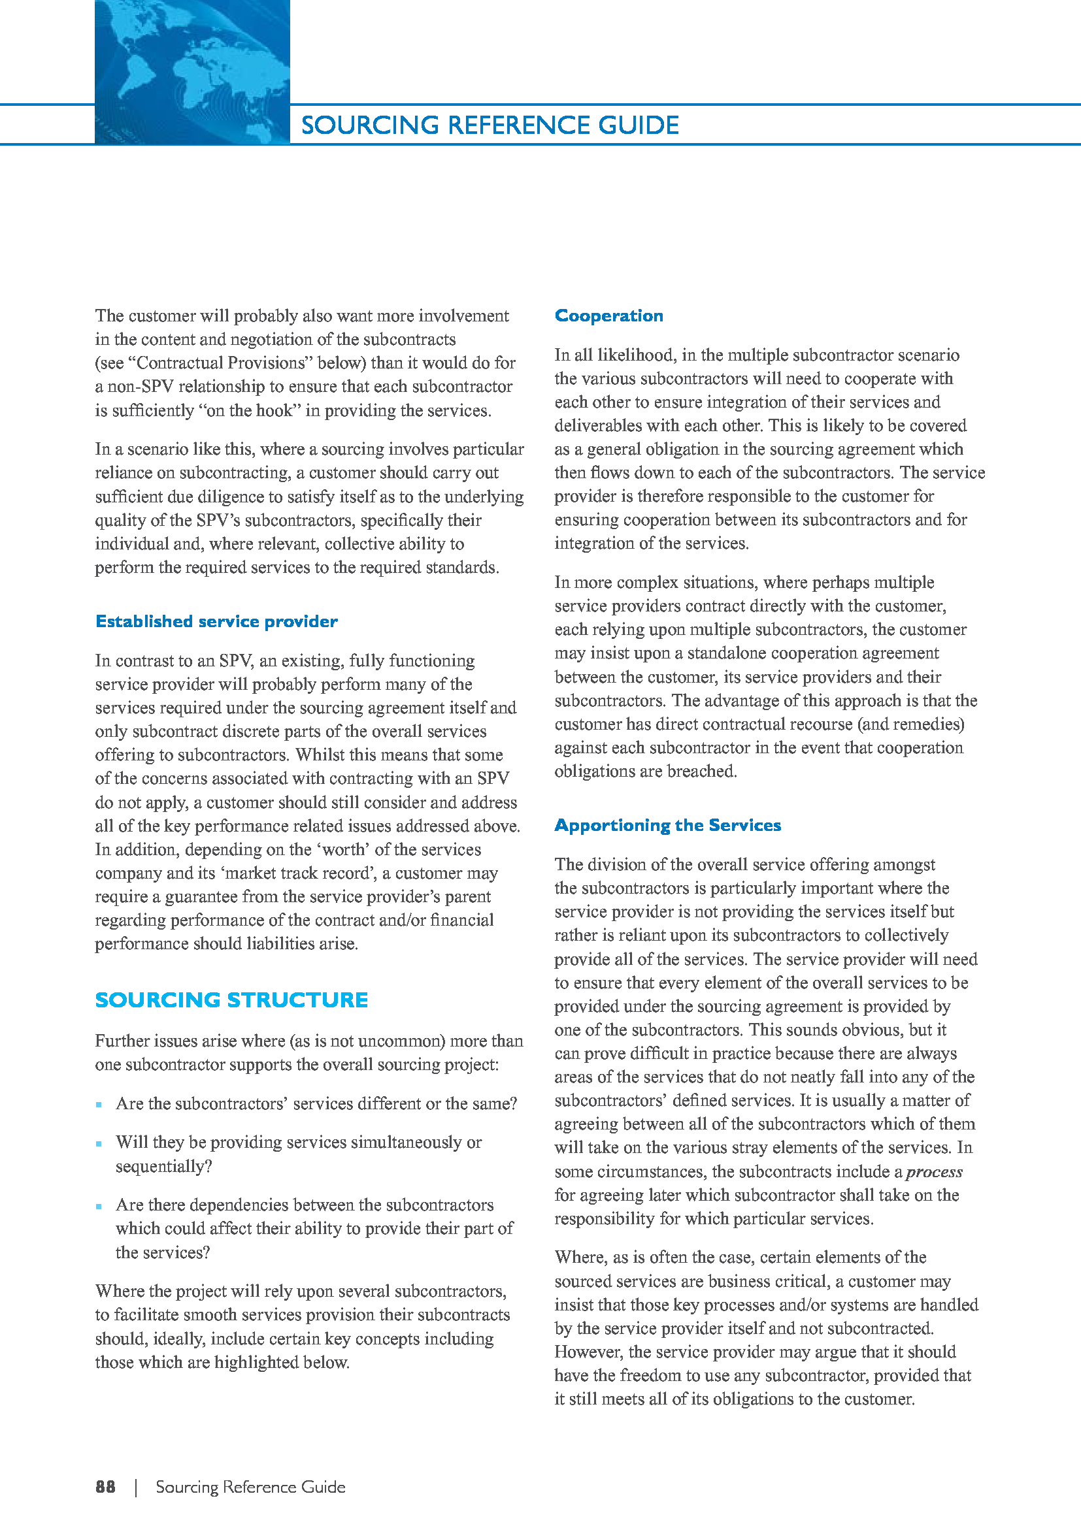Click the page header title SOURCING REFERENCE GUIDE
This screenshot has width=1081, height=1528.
490,125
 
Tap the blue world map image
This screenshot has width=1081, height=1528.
191,71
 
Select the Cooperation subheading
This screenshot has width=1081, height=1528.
608,316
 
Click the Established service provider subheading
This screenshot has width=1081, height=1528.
216,621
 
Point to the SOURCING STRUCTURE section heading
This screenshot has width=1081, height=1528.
231,1000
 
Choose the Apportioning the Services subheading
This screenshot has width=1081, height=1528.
667,825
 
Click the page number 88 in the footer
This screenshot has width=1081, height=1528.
105,1487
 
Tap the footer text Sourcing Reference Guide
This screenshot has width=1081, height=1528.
250,1487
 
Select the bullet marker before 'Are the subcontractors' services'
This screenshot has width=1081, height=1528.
99,1105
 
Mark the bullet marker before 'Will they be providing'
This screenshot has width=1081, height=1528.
99,1143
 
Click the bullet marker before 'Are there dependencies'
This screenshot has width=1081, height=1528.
99,1206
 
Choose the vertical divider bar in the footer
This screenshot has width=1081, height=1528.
136,1487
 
